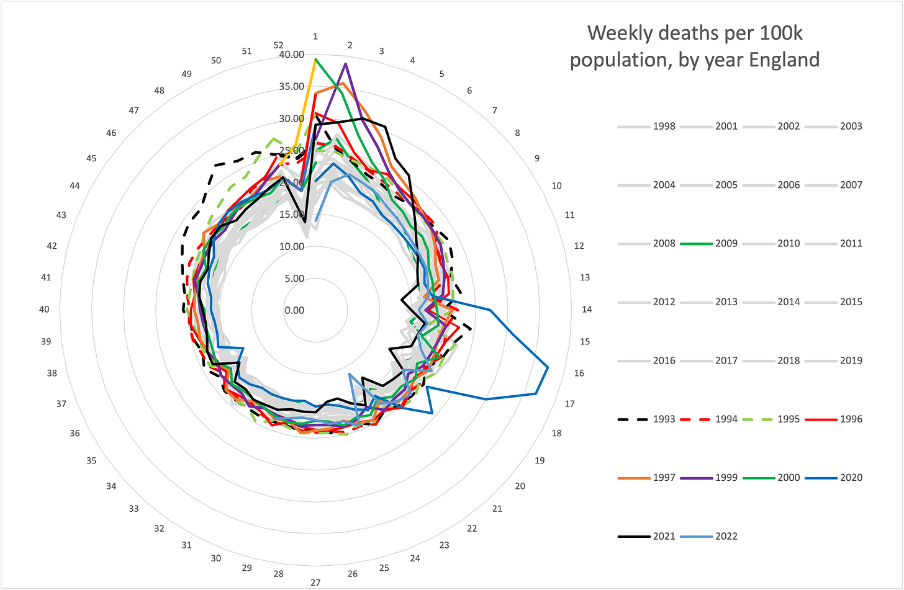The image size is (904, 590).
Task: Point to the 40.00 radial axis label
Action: (292, 55)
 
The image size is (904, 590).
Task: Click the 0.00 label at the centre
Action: (294, 310)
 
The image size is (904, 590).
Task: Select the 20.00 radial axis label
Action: (292, 182)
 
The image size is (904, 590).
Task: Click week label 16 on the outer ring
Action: (579, 373)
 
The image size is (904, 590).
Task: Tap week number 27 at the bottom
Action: (315, 582)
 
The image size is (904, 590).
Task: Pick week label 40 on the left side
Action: (44, 309)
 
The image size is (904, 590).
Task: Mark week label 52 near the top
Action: (278, 45)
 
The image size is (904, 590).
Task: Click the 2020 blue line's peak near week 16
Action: (548, 368)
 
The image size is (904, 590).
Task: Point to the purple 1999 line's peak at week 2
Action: (346, 64)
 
